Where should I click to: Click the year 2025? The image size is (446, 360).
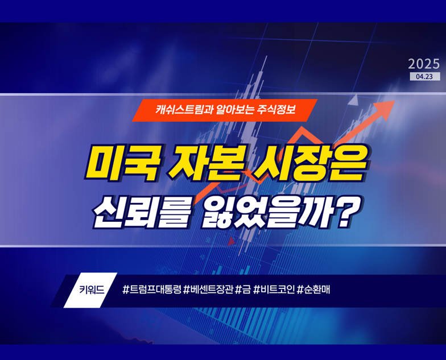coord(424,63)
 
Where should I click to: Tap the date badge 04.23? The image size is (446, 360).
coord(424,76)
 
